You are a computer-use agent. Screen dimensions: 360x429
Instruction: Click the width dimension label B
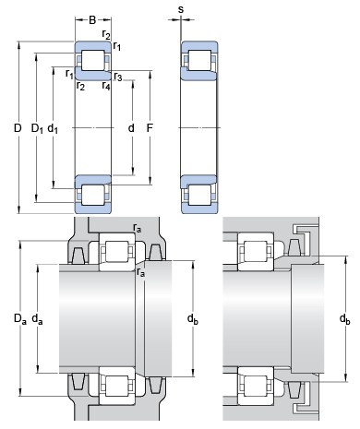tap(92, 20)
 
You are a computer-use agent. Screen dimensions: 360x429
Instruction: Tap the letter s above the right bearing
tap(181, 10)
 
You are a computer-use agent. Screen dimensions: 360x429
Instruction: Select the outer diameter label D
tap(18, 127)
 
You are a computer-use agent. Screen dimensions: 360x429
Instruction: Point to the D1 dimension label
tap(37, 128)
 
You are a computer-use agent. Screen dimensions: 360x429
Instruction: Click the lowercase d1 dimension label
tap(53, 128)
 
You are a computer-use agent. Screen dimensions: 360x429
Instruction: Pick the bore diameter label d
tap(131, 127)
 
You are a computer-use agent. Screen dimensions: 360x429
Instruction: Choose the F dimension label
tap(150, 127)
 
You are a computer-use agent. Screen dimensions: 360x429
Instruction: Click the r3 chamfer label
tap(118, 77)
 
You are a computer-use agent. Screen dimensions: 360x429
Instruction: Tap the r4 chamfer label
tap(106, 86)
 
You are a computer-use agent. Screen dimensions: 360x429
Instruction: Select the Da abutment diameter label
tap(20, 318)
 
